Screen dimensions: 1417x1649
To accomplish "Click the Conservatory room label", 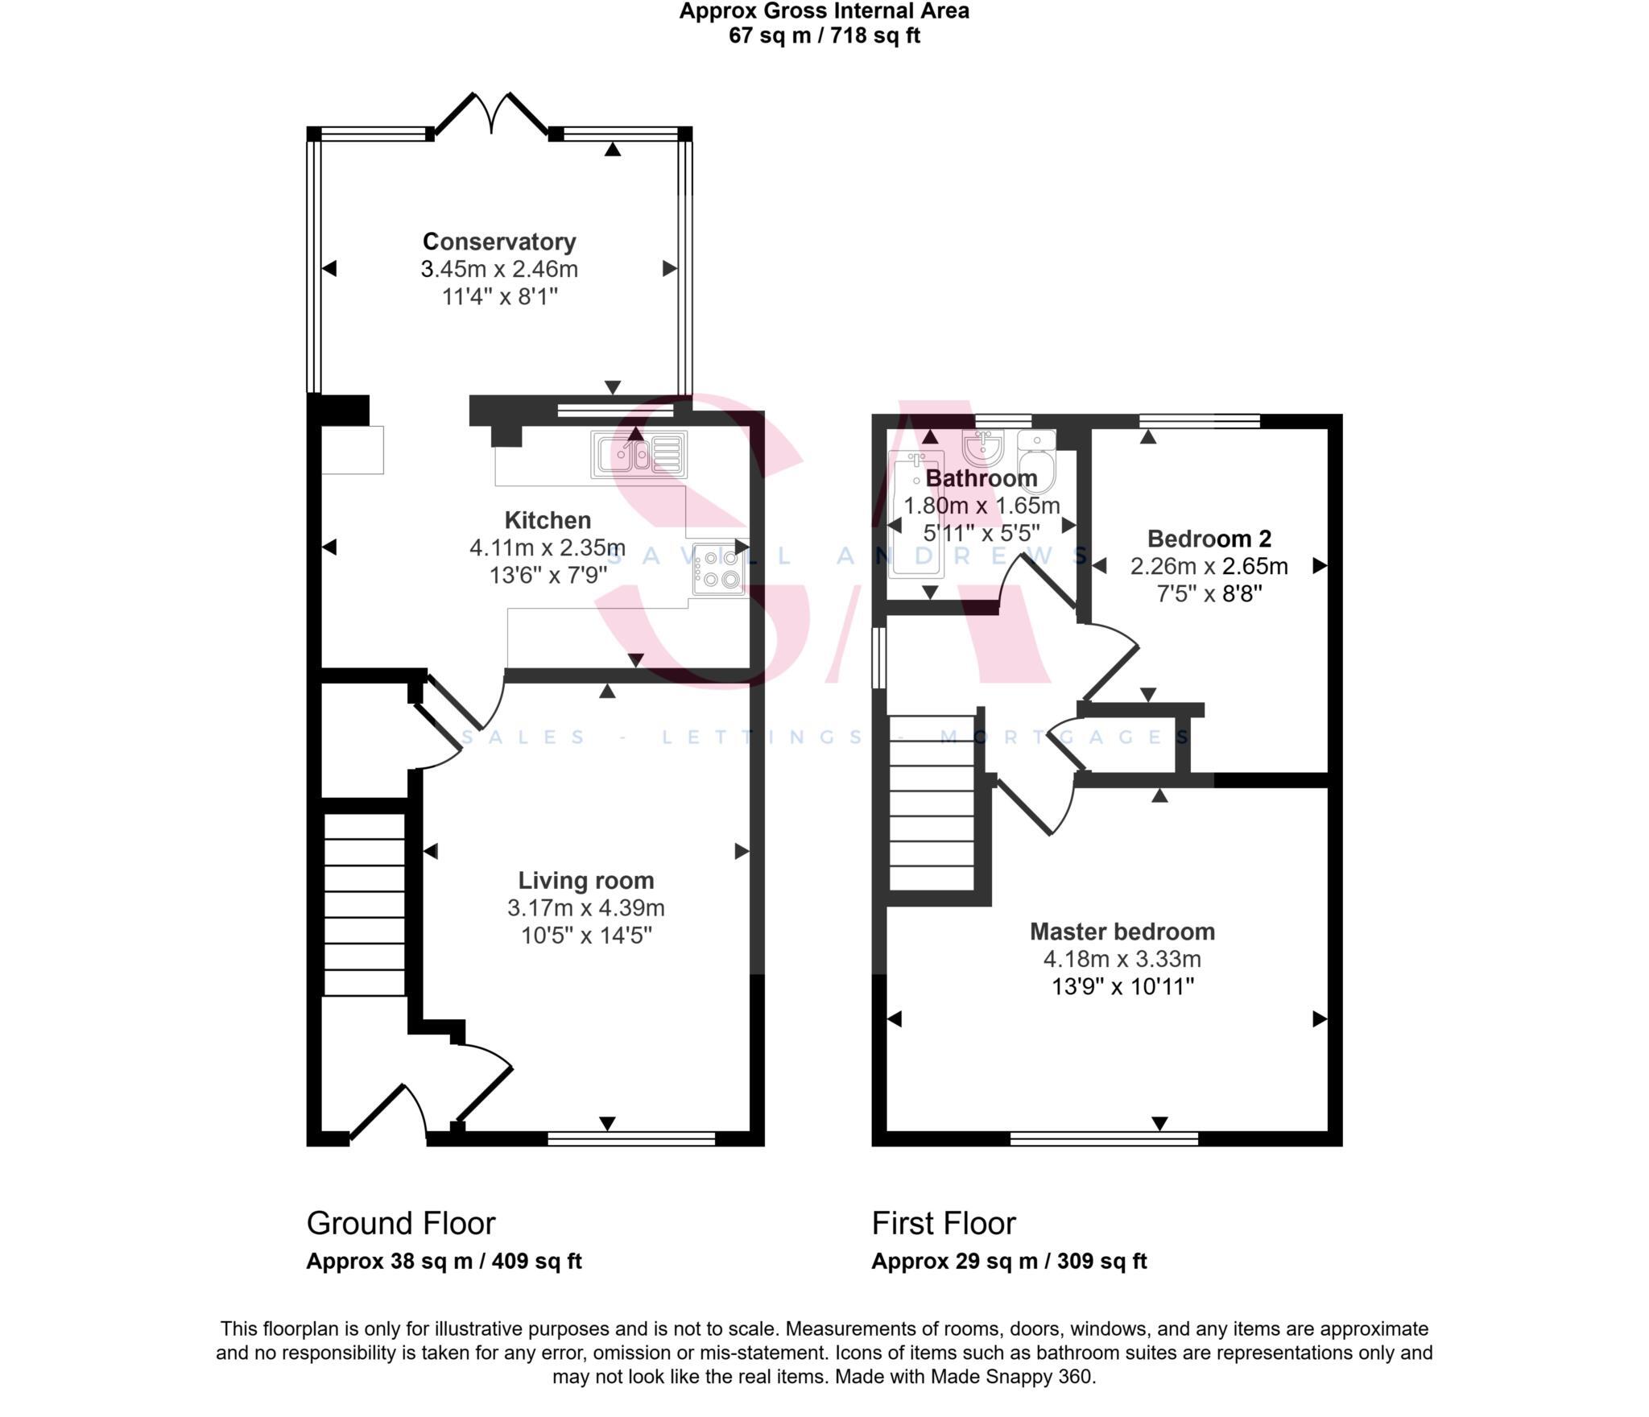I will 499,242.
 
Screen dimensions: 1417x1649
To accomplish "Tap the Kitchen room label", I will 548,520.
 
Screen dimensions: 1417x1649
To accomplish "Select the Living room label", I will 585,881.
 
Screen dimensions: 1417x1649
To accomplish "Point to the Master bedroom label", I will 1122,932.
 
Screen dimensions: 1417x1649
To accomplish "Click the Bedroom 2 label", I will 1209,539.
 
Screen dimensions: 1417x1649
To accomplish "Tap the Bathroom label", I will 982,478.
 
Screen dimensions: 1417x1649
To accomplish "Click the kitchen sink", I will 639,455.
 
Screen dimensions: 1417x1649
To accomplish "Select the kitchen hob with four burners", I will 719,568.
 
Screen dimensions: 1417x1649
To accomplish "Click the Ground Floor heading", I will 401,1223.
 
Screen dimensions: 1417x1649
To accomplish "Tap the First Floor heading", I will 944,1223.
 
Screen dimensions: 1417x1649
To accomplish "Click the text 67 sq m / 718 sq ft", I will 824,35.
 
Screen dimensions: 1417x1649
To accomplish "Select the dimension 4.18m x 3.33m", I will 1122,959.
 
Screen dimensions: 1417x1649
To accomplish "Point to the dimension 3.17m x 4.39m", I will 585,908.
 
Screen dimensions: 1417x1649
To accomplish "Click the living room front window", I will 631,1138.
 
